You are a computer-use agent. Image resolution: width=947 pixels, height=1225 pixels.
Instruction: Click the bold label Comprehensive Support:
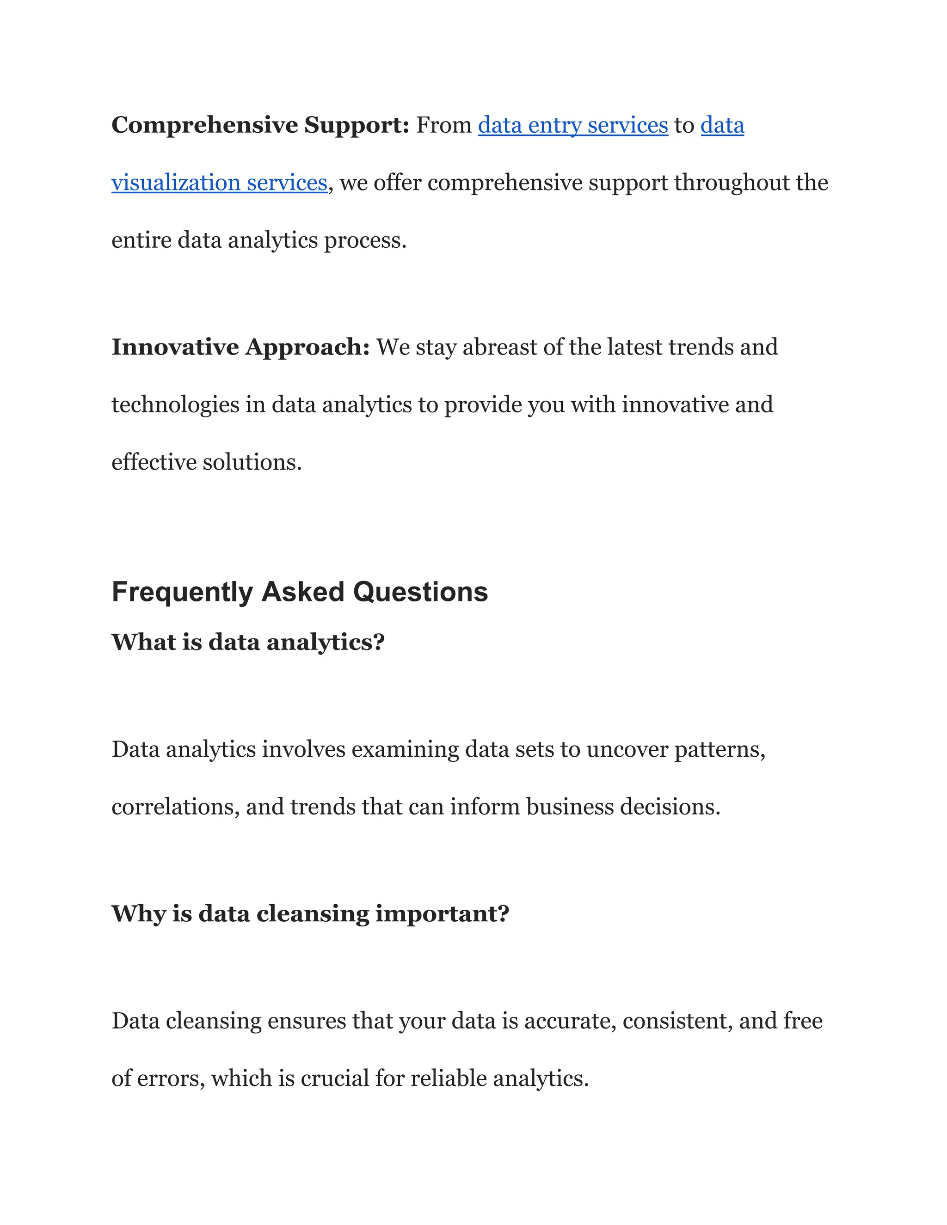click(260, 125)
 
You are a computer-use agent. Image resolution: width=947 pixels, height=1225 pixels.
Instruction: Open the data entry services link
click(573, 125)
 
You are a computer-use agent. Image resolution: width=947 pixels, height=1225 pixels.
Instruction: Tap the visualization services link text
click(219, 183)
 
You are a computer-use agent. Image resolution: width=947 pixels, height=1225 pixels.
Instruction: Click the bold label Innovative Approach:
click(240, 347)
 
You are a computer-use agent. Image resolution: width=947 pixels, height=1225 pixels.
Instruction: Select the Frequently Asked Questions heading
click(300, 592)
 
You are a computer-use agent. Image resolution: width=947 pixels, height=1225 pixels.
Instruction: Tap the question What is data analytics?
click(248, 642)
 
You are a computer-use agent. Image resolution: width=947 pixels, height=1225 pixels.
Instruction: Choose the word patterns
click(719, 749)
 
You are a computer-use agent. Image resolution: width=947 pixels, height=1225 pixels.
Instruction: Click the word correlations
click(175, 807)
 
